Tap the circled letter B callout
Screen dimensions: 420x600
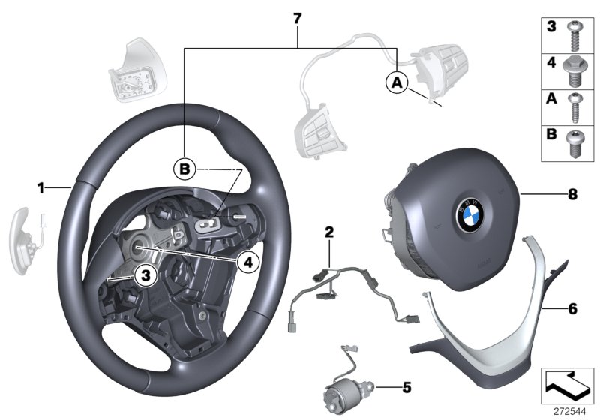(x=184, y=169)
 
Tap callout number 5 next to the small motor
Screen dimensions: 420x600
(x=406, y=388)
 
